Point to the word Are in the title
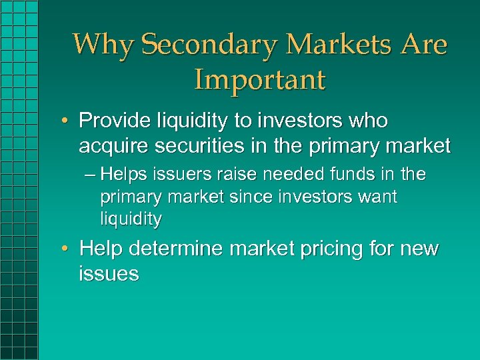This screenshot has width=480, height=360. pos(423,45)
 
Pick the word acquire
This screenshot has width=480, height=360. pos(114,145)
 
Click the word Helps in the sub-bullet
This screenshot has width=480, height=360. pos(128,175)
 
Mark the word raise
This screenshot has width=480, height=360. pos(237,175)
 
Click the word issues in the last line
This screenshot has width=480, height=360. pos(109,273)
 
